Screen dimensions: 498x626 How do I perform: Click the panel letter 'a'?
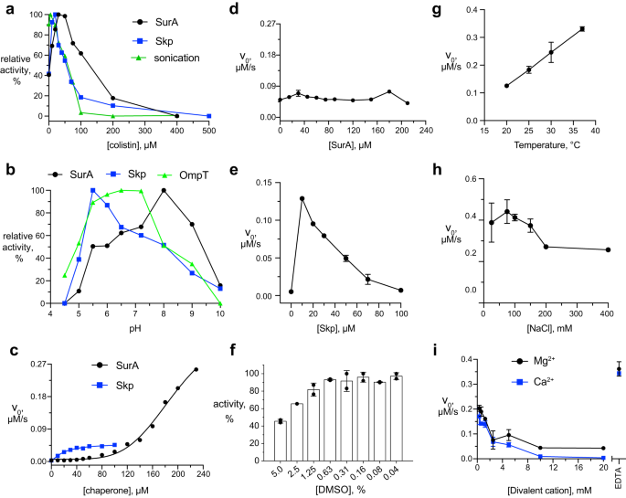click(6, 7)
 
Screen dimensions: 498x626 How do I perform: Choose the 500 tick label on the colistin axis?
click(209, 128)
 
